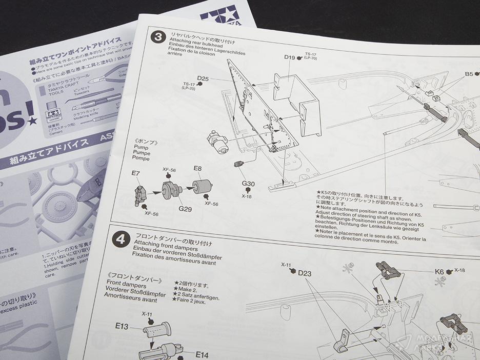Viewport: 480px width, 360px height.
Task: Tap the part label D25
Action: click(x=203, y=78)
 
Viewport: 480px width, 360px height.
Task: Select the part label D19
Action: click(x=290, y=58)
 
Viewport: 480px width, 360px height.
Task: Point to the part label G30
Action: click(x=248, y=184)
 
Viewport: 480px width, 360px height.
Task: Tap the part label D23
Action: click(x=305, y=273)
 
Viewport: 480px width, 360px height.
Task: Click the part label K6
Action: click(x=439, y=272)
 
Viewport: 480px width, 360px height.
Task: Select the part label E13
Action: click(x=122, y=326)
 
